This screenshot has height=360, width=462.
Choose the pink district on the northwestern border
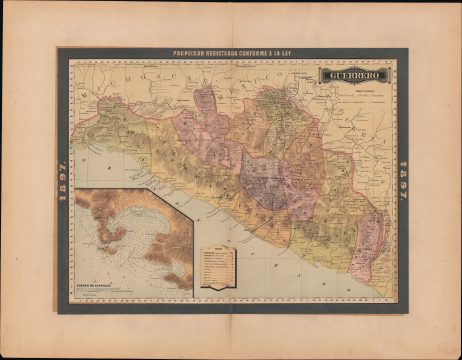[205, 100]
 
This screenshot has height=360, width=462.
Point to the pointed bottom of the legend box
[219, 290]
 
